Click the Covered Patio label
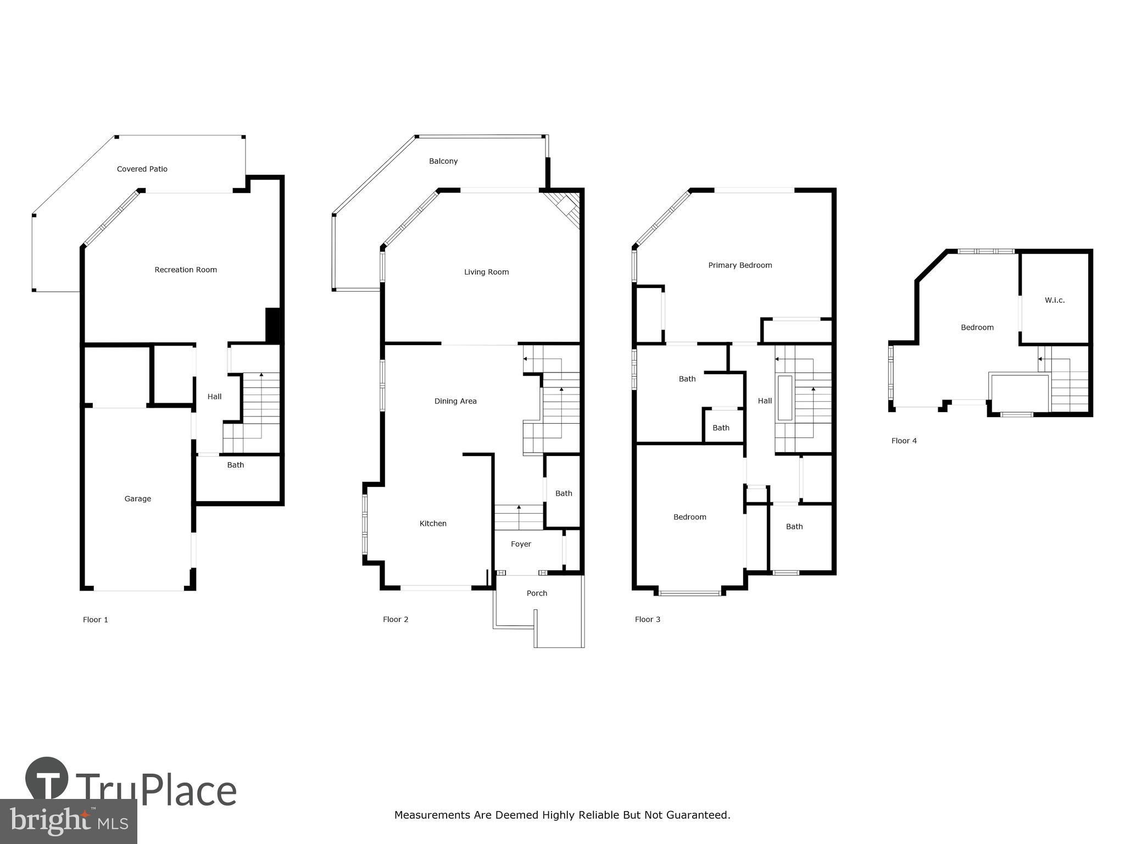pyautogui.click(x=142, y=169)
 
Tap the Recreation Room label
pyautogui.click(x=186, y=270)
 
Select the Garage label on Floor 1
pyautogui.click(x=138, y=499)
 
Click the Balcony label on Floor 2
pyautogui.click(x=443, y=162)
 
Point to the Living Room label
pyautogui.click(x=487, y=272)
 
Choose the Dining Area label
pyautogui.click(x=455, y=401)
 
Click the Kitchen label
pyautogui.click(x=433, y=524)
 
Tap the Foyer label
pyautogui.click(x=521, y=545)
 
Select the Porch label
pyautogui.click(x=537, y=593)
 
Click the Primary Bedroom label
pyautogui.click(x=740, y=265)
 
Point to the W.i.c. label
pyautogui.click(x=1055, y=300)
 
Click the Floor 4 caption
pyautogui.click(x=904, y=441)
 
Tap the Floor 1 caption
pyautogui.click(x=96, y=620)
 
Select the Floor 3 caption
pyautogui.click(x=648, y=619)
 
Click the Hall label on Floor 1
pyautogui.click(x=215, y=397)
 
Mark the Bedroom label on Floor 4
pyautogui.click(x=977, y=327)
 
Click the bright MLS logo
pyautogui.click(x=69, y=821)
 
